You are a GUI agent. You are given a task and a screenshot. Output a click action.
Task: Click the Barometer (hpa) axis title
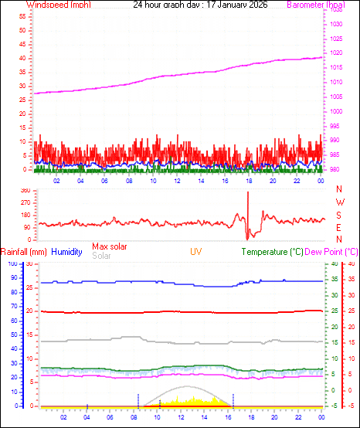point(319,5)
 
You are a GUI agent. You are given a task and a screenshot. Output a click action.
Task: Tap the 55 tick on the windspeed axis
point(23,15)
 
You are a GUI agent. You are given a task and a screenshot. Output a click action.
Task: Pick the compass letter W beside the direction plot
point(339,202)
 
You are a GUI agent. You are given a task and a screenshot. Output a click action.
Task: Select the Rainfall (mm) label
point(24,252)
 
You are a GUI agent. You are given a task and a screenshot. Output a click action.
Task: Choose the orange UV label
point(196,252)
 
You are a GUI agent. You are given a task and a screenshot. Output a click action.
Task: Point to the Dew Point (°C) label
point(331,252)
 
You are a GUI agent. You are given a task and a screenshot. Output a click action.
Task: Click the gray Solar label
point(101,256)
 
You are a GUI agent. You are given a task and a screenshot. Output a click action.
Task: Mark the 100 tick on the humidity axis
point(12,264)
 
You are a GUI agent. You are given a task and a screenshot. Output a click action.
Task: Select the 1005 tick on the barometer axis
point(335,97)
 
